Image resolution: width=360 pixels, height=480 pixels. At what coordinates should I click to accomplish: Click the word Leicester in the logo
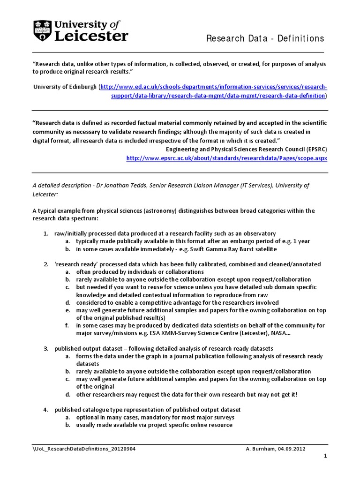coord(91,36)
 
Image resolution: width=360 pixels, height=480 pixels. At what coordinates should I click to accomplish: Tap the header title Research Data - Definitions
coord(265,38)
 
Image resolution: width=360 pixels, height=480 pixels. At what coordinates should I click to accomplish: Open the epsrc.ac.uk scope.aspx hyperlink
coord(226,158)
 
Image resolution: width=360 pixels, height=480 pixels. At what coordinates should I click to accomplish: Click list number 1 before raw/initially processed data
coord(46,233)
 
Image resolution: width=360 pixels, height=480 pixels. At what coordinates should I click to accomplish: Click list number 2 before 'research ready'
coord(46,264)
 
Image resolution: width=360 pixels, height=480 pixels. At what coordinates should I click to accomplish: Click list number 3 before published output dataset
coord(46,349)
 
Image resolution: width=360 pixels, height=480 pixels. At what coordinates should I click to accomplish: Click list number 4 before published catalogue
coord(46,410)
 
